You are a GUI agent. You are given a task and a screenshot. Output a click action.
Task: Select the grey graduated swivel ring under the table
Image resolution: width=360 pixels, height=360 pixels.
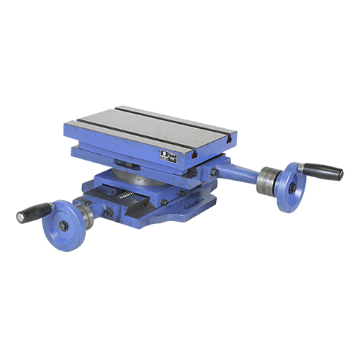[137, 176]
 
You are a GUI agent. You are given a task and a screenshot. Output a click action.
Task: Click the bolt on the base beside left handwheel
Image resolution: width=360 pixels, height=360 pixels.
[109, 212]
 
